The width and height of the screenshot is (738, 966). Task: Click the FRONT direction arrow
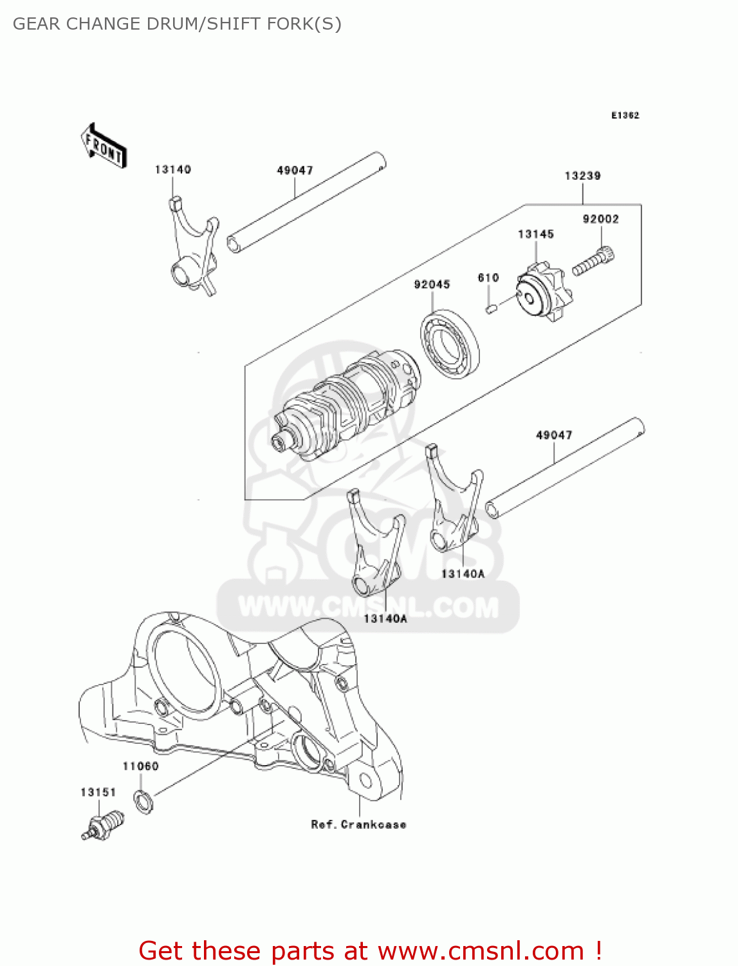click(104, 146)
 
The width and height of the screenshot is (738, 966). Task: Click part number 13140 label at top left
click(172, 169)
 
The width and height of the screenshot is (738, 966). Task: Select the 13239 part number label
click(582, 176)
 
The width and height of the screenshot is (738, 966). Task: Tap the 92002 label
click(600, 219)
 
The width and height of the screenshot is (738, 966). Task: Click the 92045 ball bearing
click(450, 344)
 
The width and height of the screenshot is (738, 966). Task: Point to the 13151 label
click(98, 792)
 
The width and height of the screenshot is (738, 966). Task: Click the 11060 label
click(140, 766)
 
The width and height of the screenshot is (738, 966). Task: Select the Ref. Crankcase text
click(358, 824)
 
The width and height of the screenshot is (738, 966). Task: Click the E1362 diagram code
click(625, 115)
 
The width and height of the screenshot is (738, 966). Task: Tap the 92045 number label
click(432, 284)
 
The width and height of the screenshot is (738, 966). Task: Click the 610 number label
click(488, 278)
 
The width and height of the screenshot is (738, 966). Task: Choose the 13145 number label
click(535, 234)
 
